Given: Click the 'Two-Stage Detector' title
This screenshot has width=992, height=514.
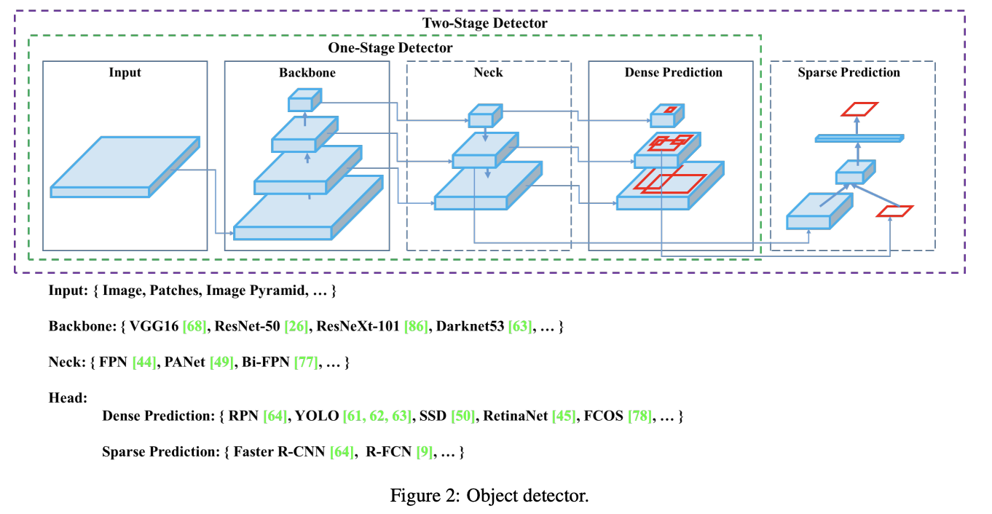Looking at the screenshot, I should [x=484, y=23].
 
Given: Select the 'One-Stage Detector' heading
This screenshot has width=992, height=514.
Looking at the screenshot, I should [x=390, y=48].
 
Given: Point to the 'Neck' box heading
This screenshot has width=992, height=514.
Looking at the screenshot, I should [x=488, y=73].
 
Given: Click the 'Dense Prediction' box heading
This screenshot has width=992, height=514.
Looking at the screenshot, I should [x=673, y=73].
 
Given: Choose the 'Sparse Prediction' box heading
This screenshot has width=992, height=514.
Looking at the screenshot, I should [x=849, y=73].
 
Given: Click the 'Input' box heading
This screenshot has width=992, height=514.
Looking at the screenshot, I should [x=125, y=73].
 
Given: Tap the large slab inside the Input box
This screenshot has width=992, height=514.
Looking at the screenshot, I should [x=125, y=167].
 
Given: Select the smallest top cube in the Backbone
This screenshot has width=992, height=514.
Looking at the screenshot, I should [x=304, y=100].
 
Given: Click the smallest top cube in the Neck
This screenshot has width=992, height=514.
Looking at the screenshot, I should [x=484, y=117].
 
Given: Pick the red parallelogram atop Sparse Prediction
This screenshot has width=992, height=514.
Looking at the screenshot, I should [x=859, y=108].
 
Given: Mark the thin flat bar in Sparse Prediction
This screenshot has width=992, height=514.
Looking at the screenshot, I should [x=859, y=138].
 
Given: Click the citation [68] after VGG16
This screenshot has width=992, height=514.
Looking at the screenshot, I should [x=194, y=327].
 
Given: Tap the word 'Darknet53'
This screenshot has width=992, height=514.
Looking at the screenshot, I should [x=470, y=327].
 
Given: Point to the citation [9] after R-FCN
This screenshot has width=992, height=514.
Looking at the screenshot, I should [x=424, y=452].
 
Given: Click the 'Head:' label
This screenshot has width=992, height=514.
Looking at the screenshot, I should [x=68, y=398].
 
